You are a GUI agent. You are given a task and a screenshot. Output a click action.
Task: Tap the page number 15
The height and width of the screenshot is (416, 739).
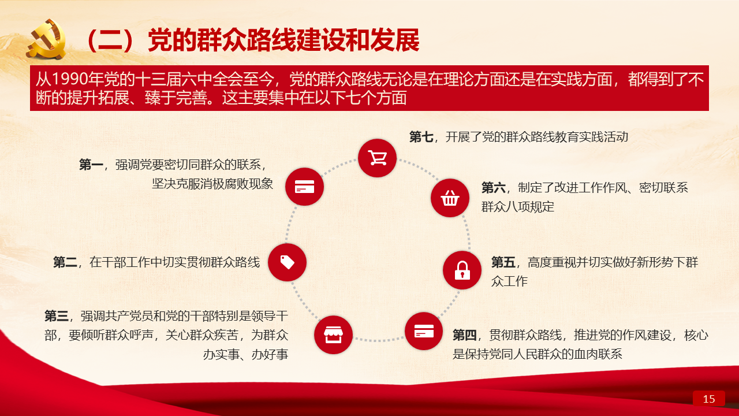click(708, 399)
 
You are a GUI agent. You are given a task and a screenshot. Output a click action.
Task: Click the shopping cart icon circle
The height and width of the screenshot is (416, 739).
click(377, 158)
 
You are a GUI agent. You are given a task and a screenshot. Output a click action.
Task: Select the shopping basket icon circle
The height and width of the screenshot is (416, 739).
click(450, 198)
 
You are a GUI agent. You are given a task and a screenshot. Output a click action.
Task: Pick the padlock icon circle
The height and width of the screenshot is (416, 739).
click(462, 270)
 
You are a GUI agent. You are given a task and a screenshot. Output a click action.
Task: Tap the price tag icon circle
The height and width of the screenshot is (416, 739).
click(287, 262)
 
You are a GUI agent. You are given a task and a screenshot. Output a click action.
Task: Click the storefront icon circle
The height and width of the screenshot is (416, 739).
click(333, 335)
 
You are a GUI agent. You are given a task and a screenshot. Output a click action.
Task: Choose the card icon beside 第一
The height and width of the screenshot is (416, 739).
click(304, 187)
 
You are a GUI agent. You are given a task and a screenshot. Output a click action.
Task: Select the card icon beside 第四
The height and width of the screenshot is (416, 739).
click(424, 331)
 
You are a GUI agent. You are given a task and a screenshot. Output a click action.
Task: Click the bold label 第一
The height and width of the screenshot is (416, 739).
click(91, 165)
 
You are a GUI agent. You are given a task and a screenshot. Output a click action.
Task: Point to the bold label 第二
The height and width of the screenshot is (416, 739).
click(65, 262)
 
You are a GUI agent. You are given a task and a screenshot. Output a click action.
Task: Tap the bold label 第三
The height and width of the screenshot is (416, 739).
click(57, 316)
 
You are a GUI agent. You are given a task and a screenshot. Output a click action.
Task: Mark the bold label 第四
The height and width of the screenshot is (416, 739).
click(465, 335)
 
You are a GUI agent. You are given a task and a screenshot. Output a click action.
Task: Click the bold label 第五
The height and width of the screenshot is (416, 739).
click(503, 262)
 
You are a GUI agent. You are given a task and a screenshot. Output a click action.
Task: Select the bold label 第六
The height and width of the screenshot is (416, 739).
click(493, 188)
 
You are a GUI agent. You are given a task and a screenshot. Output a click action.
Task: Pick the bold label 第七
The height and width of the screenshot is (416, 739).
click(421, 137)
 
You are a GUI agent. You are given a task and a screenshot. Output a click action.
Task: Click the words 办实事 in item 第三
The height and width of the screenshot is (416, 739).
click(221, 355)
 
